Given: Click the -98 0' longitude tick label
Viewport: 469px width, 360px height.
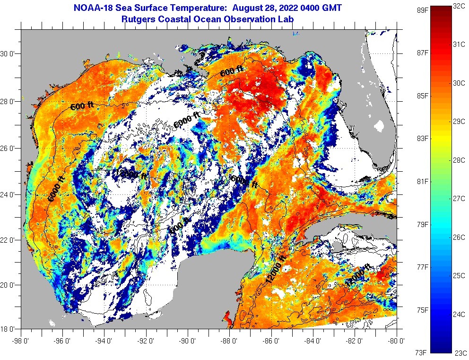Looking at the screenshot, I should click(x=21, y=340).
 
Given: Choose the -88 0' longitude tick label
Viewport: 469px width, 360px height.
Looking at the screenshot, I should click(x=230, y=340).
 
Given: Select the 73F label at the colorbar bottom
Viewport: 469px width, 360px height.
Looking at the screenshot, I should click(x=421, y=352).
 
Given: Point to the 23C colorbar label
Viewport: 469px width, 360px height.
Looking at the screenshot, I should click(x=460, y=352).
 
